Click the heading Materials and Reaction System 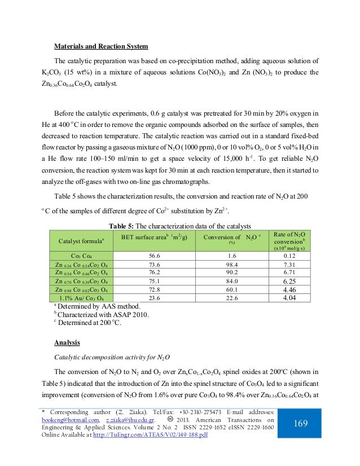tap(101, 46)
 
